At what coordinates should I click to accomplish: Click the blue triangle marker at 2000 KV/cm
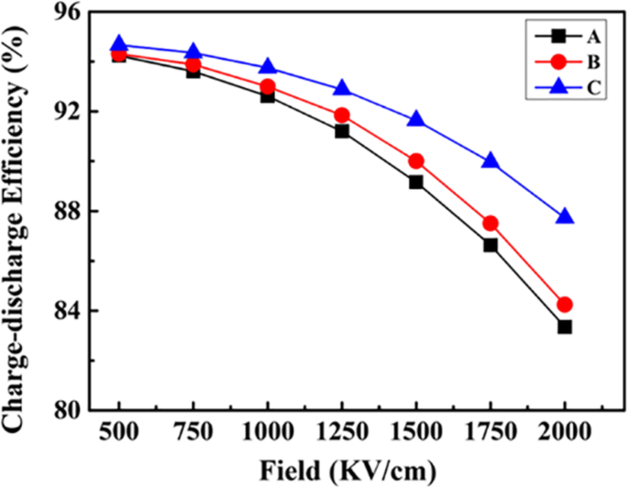tap(565, 217)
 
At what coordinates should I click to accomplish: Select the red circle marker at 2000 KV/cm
tap(565, 305)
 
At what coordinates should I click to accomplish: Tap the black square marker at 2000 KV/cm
tap(565, 327)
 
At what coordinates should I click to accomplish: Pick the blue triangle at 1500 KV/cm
tap(416, 120)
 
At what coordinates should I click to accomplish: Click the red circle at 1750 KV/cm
tap(490, 223)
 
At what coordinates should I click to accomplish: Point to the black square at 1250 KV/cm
tap(342, 131)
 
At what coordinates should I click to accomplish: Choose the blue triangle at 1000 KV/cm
tap(268, 67)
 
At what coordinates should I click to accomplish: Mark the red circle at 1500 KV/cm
tap(416, 161)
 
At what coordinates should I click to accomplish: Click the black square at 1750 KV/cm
tap(490, 245)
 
